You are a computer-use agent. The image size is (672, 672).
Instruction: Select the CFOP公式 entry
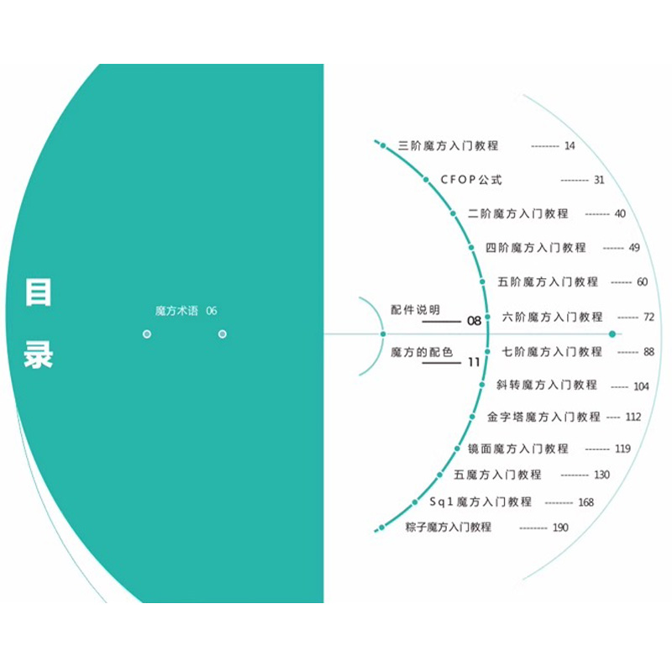471,180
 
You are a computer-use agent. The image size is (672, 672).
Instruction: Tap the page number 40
620,214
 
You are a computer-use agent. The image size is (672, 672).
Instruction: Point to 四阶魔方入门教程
536,248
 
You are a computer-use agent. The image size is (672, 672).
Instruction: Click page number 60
642,282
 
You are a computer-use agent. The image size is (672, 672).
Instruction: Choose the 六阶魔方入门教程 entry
552,318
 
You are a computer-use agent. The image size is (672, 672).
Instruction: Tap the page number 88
648,352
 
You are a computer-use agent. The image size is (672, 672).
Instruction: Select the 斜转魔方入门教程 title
547,385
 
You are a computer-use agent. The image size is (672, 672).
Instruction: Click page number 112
633,417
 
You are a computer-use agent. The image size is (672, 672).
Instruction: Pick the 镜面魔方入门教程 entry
518,449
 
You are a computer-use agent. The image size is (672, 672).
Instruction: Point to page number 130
601,475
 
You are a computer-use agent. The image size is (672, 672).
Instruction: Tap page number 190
559,528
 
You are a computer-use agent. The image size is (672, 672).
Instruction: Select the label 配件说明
415,310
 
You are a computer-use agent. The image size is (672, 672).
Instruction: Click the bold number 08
474,321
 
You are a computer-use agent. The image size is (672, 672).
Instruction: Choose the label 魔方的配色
422,353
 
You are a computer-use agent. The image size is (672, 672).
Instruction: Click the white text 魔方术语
176,311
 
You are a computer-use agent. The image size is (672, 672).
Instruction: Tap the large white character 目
39,292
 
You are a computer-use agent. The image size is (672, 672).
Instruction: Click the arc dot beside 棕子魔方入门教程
381,528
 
